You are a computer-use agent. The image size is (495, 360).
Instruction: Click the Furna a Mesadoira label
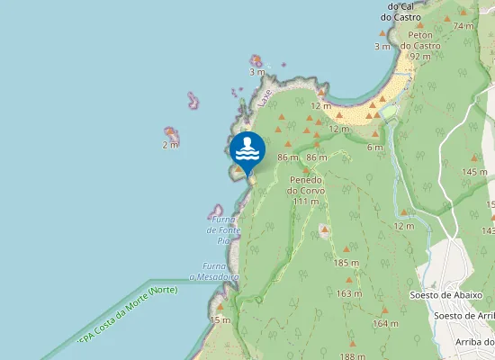point(214,272)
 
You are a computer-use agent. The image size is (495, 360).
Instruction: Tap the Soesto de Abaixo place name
point(446,295)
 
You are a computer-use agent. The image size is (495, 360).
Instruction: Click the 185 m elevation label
point(346,263)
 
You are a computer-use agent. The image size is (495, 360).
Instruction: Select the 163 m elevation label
point(349,293)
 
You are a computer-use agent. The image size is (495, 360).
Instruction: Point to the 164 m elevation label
point(384,323)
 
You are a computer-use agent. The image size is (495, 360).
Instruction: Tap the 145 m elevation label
point(473,172)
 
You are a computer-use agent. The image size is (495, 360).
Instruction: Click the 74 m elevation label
point(463,26)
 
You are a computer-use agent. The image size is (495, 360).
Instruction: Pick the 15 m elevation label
point(220,319)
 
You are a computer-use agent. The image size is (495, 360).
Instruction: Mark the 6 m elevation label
point(375,148)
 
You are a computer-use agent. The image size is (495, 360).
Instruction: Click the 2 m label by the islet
point(170,144)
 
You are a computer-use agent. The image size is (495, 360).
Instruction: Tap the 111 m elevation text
point(307,202)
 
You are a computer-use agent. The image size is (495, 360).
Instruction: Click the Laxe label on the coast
point(264,98)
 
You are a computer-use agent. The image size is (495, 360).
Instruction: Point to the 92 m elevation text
point(419,56)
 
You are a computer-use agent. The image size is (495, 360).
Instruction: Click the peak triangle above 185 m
point(347,249)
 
